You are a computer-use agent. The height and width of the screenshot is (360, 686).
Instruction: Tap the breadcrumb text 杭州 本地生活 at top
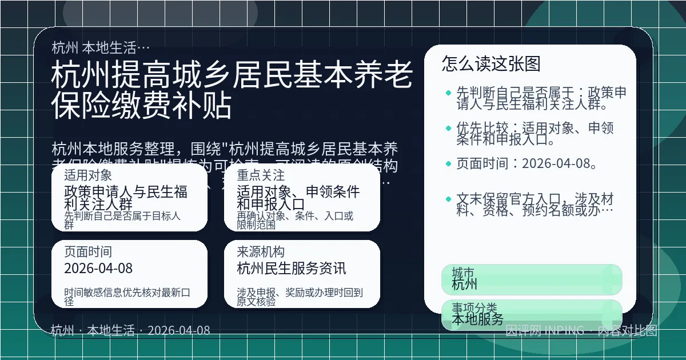101,47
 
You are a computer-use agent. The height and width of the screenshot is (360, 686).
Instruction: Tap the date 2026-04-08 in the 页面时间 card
98,269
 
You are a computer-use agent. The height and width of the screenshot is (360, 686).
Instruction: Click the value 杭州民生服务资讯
292,269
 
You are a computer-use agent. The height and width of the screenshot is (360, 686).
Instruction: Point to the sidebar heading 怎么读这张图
491,63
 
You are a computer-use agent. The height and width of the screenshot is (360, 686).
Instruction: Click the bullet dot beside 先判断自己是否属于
448,92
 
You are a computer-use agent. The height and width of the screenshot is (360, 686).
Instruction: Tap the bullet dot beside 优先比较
448,128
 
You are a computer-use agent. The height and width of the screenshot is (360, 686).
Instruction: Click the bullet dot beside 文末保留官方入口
448,199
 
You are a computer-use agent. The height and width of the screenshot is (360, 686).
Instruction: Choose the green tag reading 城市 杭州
532,279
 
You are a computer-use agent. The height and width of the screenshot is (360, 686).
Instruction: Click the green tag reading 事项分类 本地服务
532,314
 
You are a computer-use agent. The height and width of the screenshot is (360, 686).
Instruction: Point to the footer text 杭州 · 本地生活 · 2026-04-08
130,330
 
